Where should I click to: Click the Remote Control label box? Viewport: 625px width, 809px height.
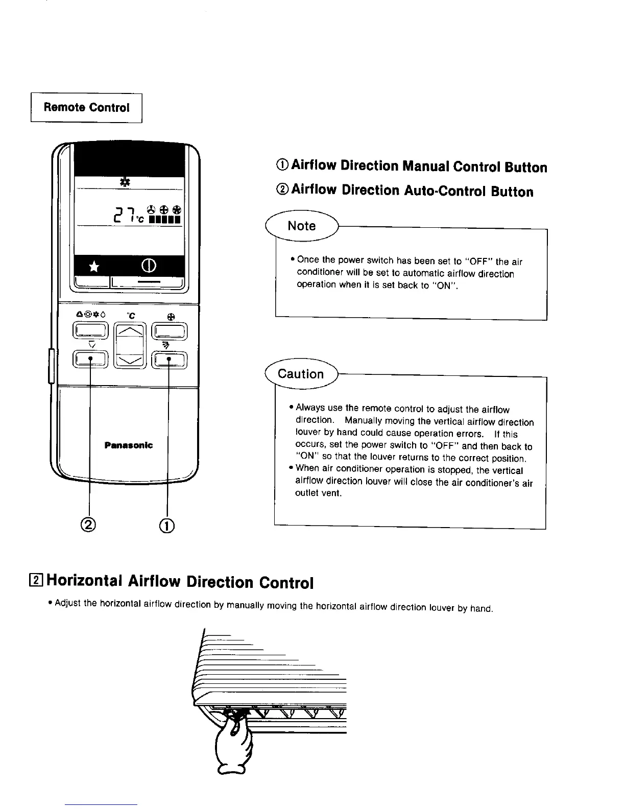tap(86, 107)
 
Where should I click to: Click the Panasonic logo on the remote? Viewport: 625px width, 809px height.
tap(128, 445)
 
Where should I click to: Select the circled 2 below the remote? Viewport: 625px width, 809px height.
tap(89, 525)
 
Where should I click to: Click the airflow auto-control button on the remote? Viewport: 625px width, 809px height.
tap(90, 359)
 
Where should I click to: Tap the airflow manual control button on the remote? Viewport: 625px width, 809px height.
tap(170, 359)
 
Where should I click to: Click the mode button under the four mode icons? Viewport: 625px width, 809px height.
tap(90, 331)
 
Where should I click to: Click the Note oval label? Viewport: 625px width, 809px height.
tap(302, 226)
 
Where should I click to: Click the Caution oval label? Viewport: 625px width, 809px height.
tap(301, 374)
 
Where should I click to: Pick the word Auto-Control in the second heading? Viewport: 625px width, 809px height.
tap(443, 191)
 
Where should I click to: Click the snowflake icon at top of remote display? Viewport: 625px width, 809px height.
tap(124, 181)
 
